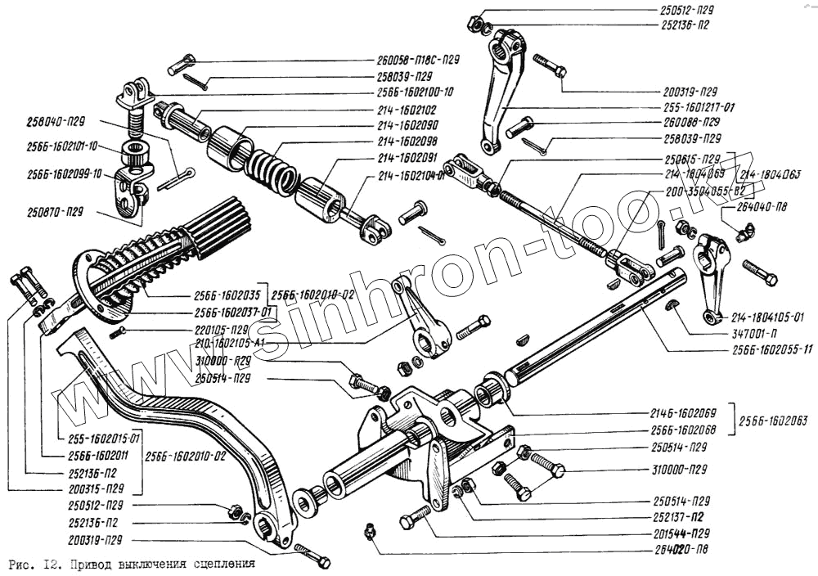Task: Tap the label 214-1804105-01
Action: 768,316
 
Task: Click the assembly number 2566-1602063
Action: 772,421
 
